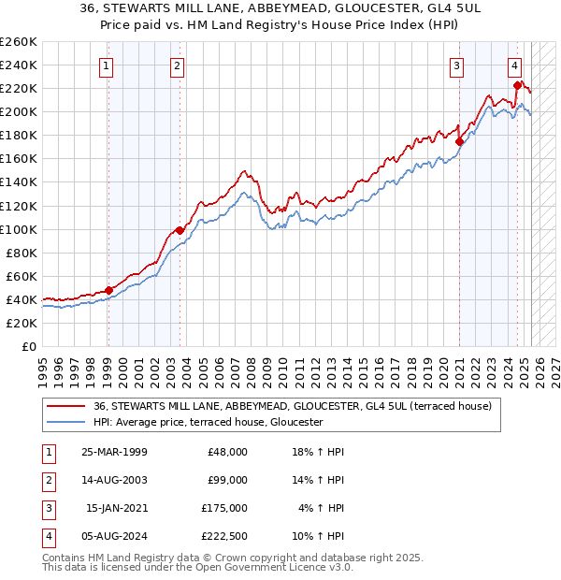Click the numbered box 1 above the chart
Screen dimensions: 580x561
coord(107,65)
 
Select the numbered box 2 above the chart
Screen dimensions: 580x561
coord(177,65)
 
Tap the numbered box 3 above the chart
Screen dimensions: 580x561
coord(456,65)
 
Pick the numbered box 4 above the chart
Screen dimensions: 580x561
coord(515,65)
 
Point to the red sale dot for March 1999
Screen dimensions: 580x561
coord(108,290)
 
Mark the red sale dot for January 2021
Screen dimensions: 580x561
coord(460,141)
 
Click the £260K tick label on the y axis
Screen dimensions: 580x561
coord(18,42)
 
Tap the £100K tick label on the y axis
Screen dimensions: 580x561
coord(18,229)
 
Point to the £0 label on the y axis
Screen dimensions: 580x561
coord(28,346)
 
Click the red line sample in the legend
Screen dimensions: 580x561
coord(67,405)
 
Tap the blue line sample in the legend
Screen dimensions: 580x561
coord(67,422)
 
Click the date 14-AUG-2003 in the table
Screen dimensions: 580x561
coord(114,480)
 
